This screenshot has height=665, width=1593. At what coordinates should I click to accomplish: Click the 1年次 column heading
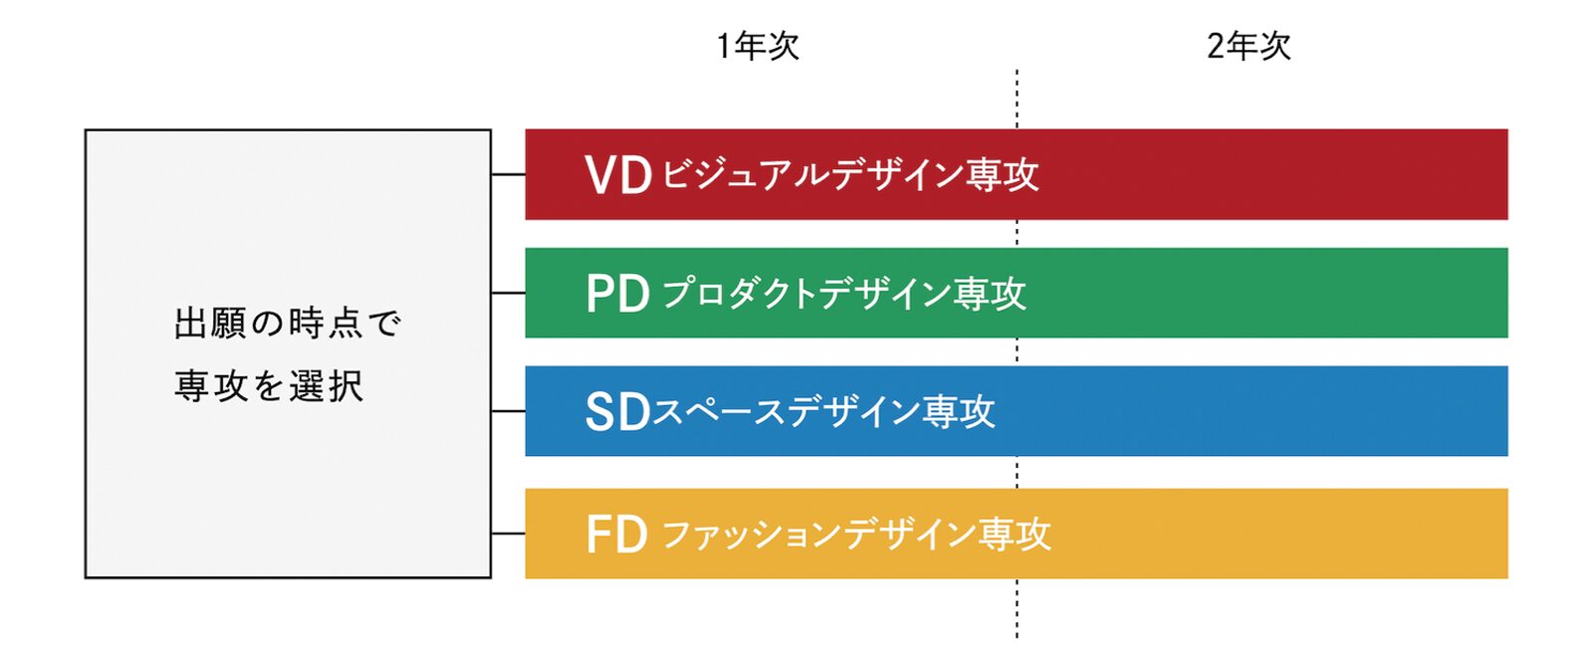(757, 46)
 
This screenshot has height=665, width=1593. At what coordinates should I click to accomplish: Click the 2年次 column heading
(1248, 46)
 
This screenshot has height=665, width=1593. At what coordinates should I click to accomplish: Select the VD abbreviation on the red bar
(617, 175)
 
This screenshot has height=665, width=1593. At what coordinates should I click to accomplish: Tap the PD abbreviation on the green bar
(617, 294)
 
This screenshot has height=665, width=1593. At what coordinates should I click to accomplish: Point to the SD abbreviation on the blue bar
(616, 412)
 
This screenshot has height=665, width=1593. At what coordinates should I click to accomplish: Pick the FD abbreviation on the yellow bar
(616, 535)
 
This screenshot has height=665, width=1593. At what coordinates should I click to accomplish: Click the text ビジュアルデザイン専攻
(850, 175)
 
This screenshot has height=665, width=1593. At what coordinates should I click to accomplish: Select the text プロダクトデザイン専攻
(843, 294)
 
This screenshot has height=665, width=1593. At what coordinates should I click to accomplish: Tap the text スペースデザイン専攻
(823, 412)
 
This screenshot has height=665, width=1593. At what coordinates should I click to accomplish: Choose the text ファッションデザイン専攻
(855, 535)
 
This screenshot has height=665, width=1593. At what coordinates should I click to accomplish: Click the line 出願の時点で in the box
(287, 324)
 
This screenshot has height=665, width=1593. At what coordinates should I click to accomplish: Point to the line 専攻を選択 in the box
(269, 386)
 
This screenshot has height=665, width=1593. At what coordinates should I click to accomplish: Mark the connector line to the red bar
(508, 174)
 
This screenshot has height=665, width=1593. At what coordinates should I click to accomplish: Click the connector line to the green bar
(508, 293)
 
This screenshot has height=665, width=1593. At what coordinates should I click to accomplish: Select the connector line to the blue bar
(508, 411)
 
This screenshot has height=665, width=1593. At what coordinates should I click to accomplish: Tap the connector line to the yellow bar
(508, 534)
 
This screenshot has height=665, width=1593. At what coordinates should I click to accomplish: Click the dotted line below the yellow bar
(1017, 608)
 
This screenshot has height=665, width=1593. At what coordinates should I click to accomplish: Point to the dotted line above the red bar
(1017, 99)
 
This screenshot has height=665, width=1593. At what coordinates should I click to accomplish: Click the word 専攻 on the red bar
(1002, 175)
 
